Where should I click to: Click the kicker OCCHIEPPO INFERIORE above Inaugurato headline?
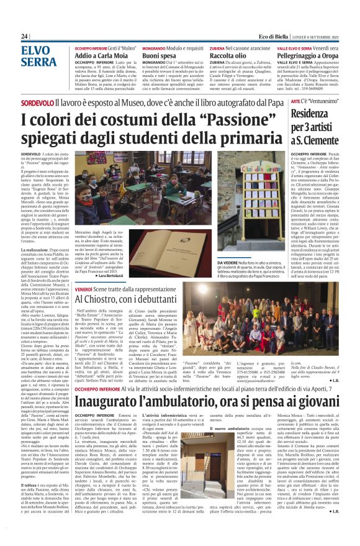pos(101,388)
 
